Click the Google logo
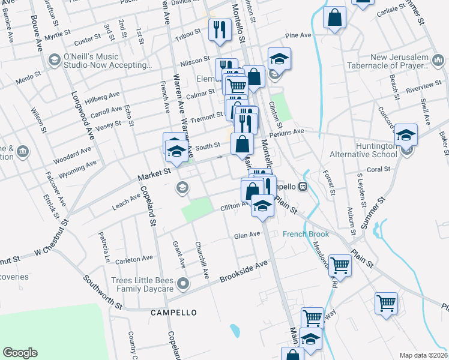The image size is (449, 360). (x=20, y=353)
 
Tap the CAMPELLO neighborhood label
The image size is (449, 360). (x=173, y=313)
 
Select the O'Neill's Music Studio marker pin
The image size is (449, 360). (x=54, y=60)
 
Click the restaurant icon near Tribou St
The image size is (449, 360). (x=218, y=30)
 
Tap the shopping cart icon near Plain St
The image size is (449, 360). (x=340, y=265)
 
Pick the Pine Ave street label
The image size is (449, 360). (x=298, y=36)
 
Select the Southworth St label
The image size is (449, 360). (x=103, y=292)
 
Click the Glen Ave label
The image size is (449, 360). (x=247, y=235)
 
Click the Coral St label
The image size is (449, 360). (x=379, y=170)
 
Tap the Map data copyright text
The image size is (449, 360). (x=423, y=355)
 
